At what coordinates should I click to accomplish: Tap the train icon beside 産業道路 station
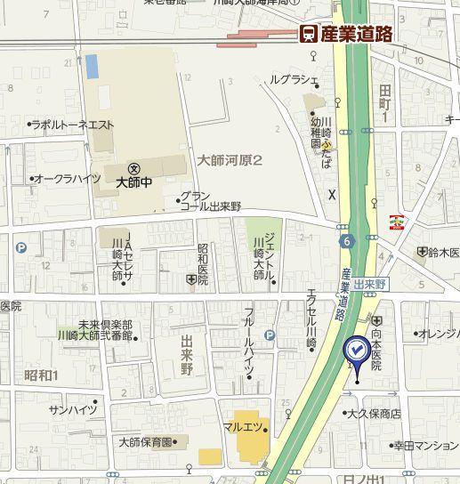[x=308, y=34]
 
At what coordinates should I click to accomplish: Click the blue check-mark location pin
[x=357, y=352]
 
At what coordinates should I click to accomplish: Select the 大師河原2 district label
[x=230, y=161]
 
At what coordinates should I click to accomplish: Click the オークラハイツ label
[x=67, y=179]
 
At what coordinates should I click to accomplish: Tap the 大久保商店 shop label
[x=375, y=414]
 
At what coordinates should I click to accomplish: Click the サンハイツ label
[x=73, y=409]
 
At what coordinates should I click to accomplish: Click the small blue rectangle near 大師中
[x=92, y=66]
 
